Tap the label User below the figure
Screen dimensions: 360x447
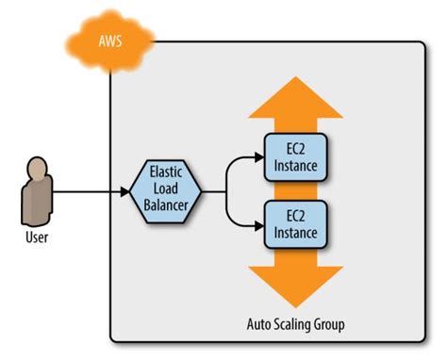click(x=36, y=237)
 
